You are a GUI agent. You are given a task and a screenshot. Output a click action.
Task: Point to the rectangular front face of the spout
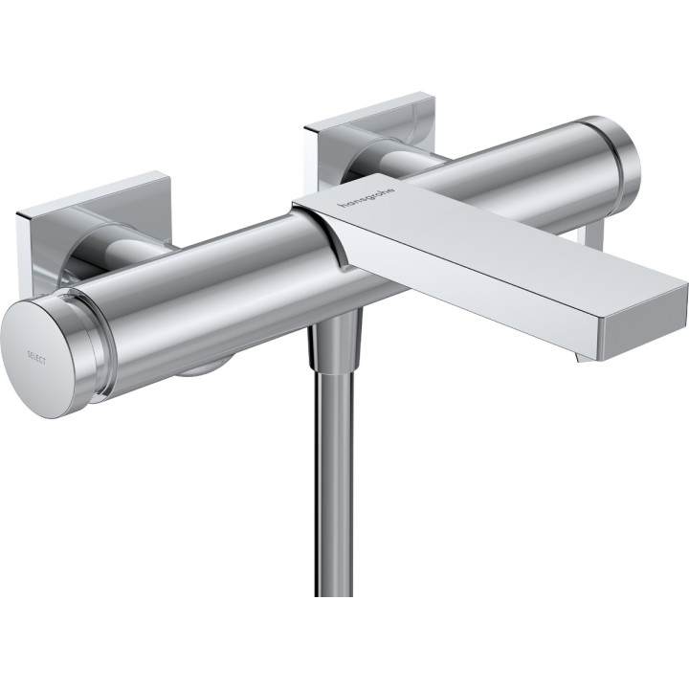pyautogui.click(x=643, y=326)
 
